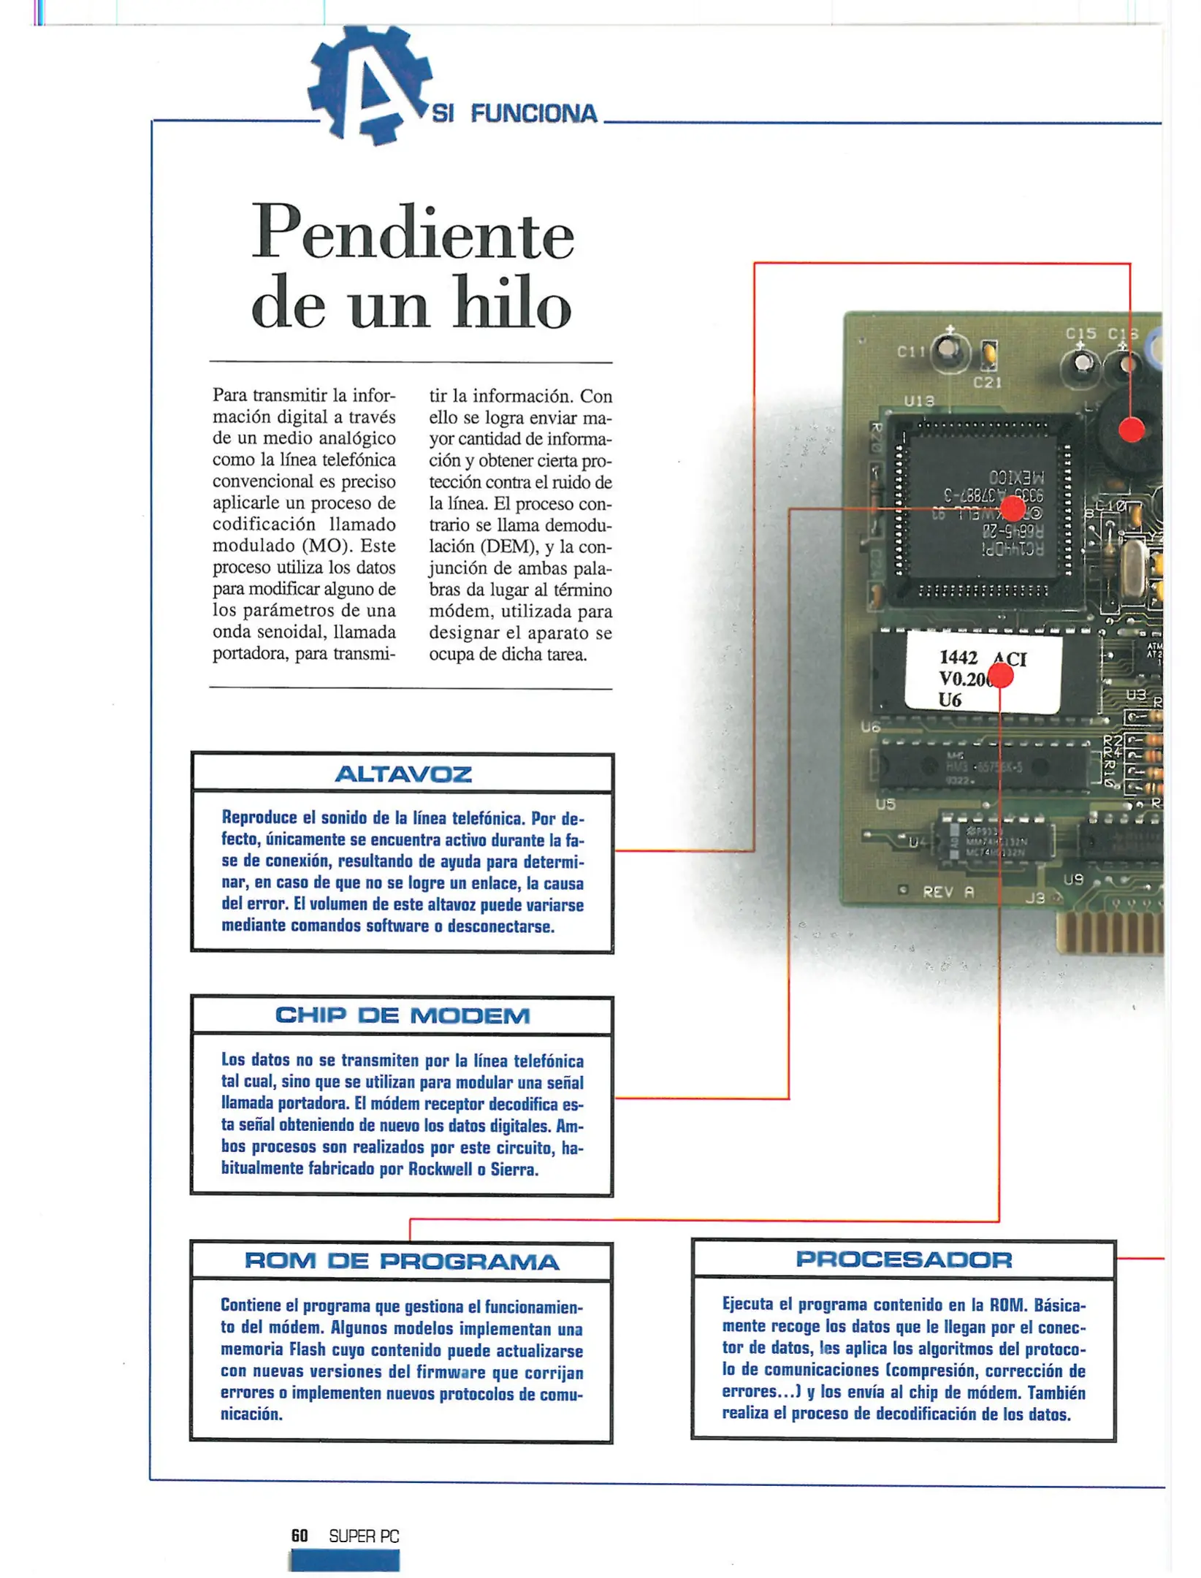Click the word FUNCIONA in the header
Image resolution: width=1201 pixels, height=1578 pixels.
533,114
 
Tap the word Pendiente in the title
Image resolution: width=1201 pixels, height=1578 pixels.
413,234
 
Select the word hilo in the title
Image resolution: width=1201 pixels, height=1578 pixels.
511,304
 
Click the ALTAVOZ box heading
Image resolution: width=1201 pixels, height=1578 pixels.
403,774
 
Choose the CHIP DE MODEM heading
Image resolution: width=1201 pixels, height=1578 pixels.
403,1015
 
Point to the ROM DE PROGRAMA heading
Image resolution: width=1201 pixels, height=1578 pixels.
402,1262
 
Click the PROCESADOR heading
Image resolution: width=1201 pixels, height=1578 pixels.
903,1259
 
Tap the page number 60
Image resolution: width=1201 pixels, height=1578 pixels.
300,1536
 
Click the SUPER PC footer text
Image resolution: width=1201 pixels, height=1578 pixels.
364,1536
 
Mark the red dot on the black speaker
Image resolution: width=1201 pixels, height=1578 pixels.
1131,430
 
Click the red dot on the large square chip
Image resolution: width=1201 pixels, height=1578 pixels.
1013,508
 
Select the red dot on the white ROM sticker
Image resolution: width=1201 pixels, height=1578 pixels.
1000,676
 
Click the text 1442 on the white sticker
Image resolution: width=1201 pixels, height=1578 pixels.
958,657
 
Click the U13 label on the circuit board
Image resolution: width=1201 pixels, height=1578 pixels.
918,401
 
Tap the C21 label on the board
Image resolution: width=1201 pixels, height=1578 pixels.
987,382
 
